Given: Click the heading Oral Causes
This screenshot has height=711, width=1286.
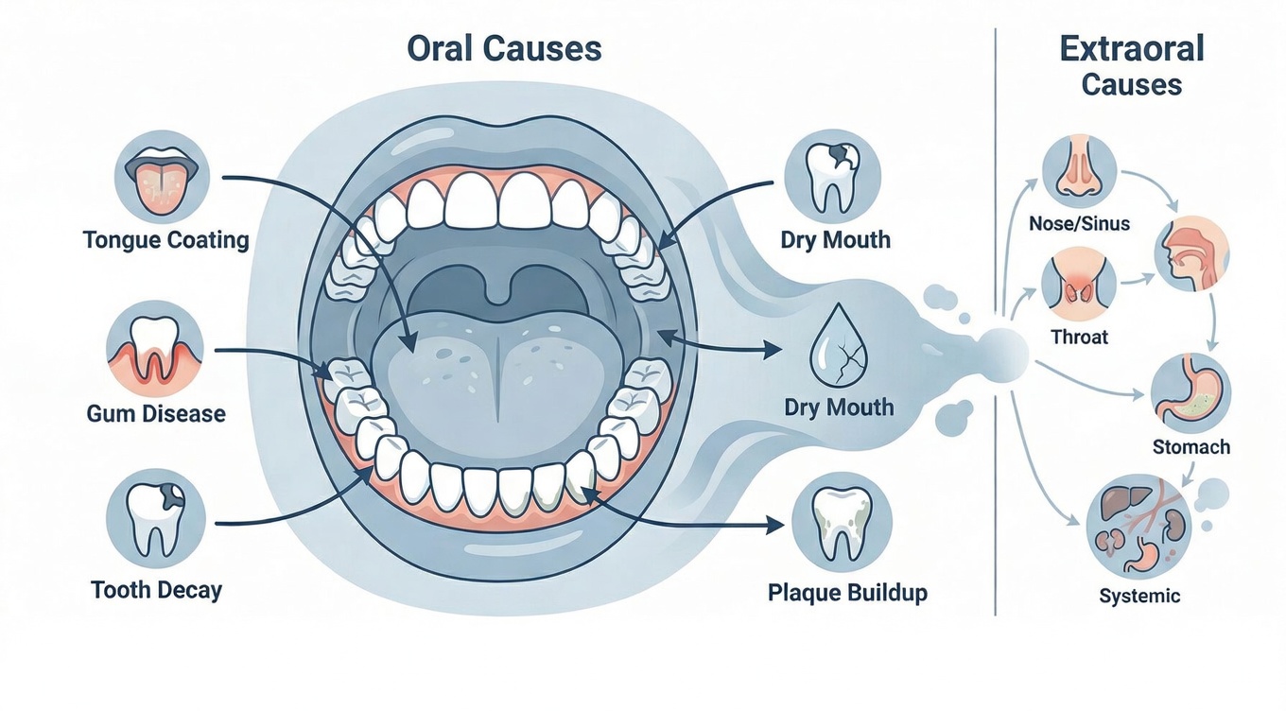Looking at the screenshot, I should click(504, 48).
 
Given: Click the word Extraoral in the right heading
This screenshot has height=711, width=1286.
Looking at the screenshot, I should click(1132, 47).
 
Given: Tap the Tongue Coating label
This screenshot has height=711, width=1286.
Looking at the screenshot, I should click(165, 240).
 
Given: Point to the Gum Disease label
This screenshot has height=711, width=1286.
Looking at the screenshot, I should click(156, 413).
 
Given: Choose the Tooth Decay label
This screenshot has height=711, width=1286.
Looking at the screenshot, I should click(156, 591).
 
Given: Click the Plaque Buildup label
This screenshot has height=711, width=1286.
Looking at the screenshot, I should click(847, 593).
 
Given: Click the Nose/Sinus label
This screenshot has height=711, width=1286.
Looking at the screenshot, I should click(1079, 224).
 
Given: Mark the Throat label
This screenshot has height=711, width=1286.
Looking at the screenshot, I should click(1079, 337).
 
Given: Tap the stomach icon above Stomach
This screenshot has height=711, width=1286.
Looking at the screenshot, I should click(1190, 392).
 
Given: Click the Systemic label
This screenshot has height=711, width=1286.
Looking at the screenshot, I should click(1139, 597).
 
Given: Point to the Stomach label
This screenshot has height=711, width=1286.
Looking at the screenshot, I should click(1191, 446).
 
